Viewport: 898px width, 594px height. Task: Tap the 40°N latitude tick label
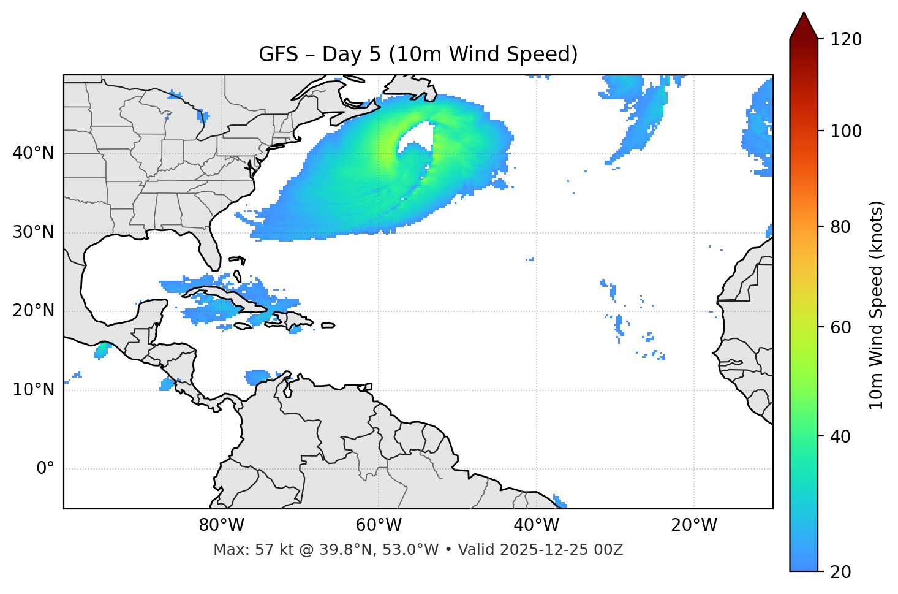coord(33,153)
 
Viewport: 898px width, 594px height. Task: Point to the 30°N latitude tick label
coord(33,232)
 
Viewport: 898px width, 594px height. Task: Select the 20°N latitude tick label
coord(33,311)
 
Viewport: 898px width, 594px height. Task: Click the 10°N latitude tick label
coord(33,390)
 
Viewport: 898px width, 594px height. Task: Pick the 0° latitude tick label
coord(45,469)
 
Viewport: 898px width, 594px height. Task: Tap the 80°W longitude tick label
coord(221,525)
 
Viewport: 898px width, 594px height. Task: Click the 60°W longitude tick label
coord(379,525)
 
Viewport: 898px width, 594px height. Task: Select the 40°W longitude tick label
coord(536,525)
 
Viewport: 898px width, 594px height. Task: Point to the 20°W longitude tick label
coord(693,525)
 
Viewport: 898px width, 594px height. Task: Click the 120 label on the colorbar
coord(846,40)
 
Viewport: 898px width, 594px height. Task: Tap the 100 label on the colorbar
coord(846,131)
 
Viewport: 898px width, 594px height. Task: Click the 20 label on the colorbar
coord(840,572)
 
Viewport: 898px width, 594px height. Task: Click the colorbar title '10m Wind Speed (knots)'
coord(877,305)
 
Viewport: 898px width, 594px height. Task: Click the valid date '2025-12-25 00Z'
coord(561,550)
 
